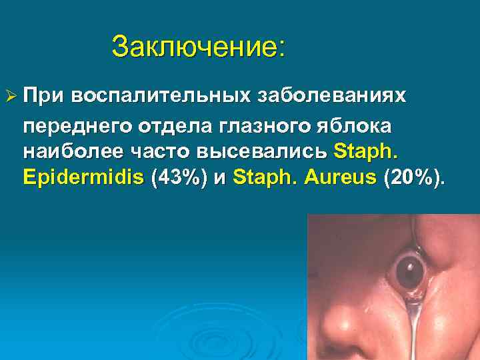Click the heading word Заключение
pyautogui.click(x=198, y=47)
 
